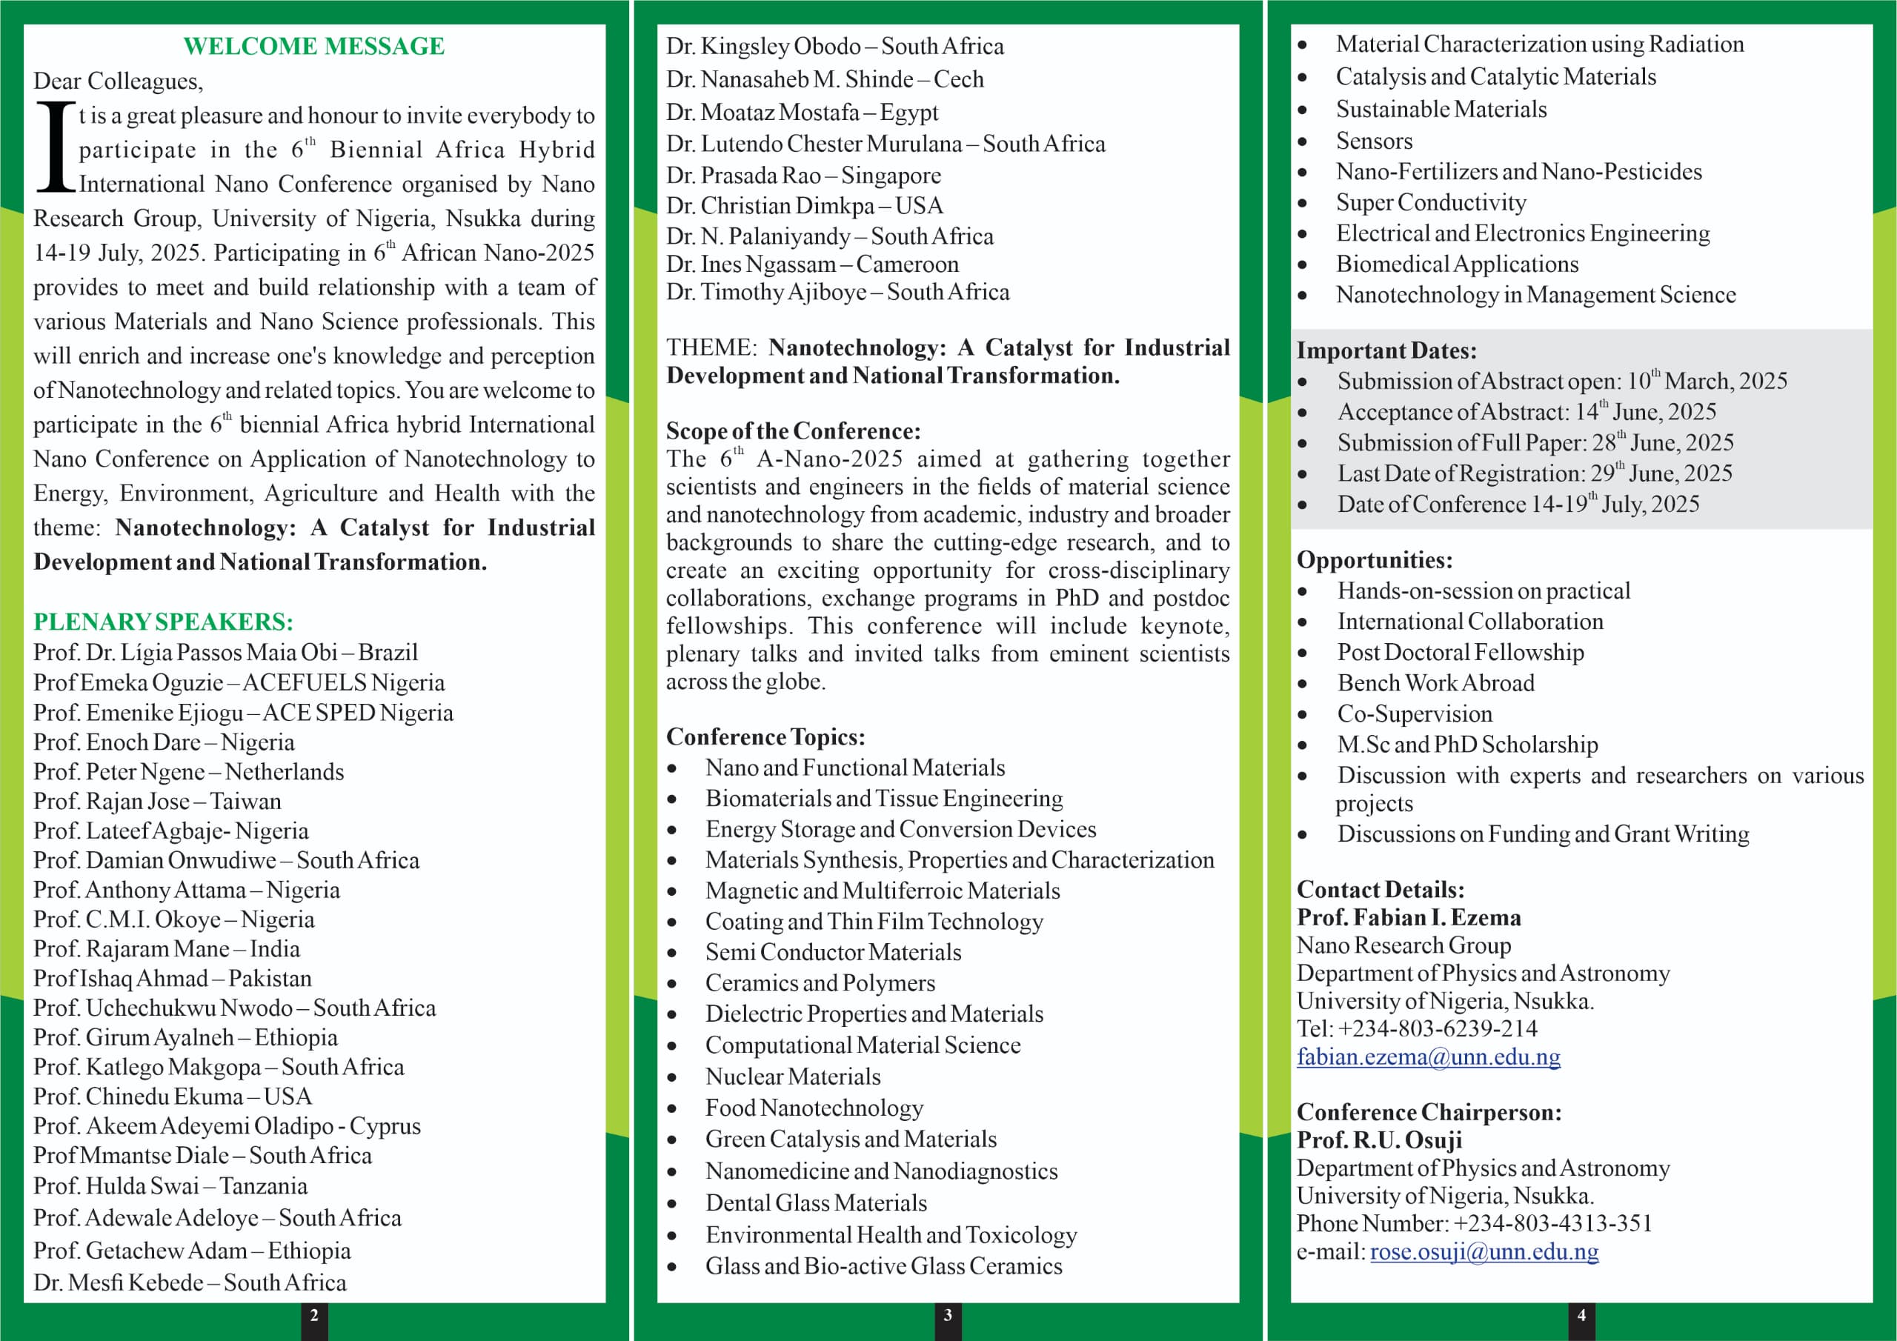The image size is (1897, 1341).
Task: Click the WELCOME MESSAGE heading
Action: point(313,46)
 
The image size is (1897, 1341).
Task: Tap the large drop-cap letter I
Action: point(56,148)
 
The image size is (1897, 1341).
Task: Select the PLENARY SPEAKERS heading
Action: point(163,622)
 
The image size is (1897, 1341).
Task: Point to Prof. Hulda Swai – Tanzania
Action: point(170,1185)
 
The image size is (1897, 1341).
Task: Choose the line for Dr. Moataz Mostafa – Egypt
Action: point(802,112)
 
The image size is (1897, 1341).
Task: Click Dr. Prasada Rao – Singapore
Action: point(803,175)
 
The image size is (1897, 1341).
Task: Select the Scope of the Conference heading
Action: point(792,430)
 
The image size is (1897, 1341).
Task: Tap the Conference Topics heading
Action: point(765,736)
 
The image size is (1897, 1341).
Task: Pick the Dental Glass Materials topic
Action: point(815,1202)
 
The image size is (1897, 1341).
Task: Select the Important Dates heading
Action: point(1386,350)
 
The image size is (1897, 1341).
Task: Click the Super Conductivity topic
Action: point(1430,202)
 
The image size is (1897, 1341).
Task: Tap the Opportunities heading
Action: point(1373,559)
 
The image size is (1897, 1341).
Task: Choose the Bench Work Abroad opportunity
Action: point(1435,682)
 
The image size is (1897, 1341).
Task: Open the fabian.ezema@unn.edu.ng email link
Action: point(1428,1057)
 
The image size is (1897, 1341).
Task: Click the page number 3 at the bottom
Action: point(948,1314)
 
